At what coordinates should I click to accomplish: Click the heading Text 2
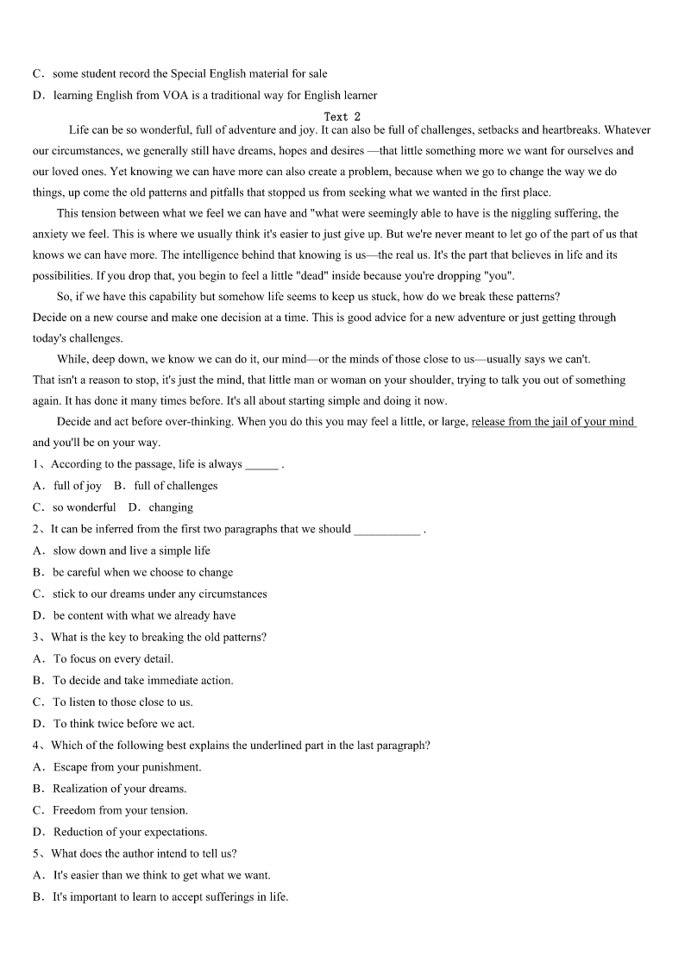(342, 116)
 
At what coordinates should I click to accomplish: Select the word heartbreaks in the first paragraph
(569, 130)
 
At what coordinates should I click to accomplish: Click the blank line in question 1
(261, 464)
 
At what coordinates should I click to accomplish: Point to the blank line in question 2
(386, 529)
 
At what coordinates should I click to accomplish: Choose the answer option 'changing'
(171, 507)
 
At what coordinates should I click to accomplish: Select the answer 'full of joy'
(77, 486)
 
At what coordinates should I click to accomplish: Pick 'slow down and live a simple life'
(131, 551)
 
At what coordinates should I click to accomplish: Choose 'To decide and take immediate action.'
(143, 680)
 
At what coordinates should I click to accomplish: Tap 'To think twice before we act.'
(124, 724)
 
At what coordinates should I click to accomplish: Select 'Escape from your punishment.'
(127, 767)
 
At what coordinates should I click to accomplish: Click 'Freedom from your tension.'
(120, 810)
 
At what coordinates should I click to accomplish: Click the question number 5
(37, 853)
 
